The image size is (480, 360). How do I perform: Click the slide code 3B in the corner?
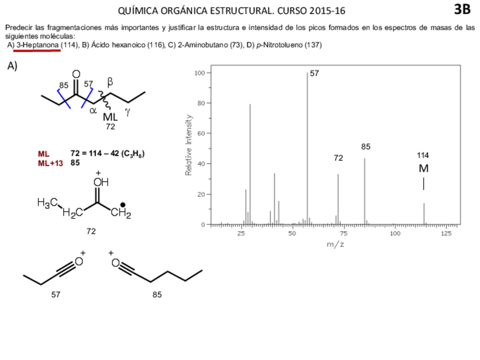(x=461, y=9)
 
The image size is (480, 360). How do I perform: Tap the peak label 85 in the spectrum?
(x=366, y=147)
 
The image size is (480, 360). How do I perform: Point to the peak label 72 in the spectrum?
(x=338, y=158)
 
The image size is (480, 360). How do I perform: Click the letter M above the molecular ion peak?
(x=423, y=168)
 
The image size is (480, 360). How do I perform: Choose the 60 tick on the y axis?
(x=200, y=134)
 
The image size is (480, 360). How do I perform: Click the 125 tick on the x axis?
(x=446, y=233)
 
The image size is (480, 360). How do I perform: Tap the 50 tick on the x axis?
(x=292, y=233)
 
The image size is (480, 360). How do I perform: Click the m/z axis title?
(x=335, y=244)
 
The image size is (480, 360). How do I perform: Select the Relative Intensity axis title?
(x=188, y=145)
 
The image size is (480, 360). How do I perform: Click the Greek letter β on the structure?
(x=110, y=82)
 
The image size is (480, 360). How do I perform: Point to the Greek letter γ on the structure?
(x=128, y=112)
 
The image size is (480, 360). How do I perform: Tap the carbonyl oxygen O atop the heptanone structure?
(x=76, y=74)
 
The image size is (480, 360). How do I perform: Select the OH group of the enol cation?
(x=100, y=182)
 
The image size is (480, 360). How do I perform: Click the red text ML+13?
(x=50, y=162)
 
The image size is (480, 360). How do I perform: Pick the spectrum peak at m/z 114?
(x=423, y=213)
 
